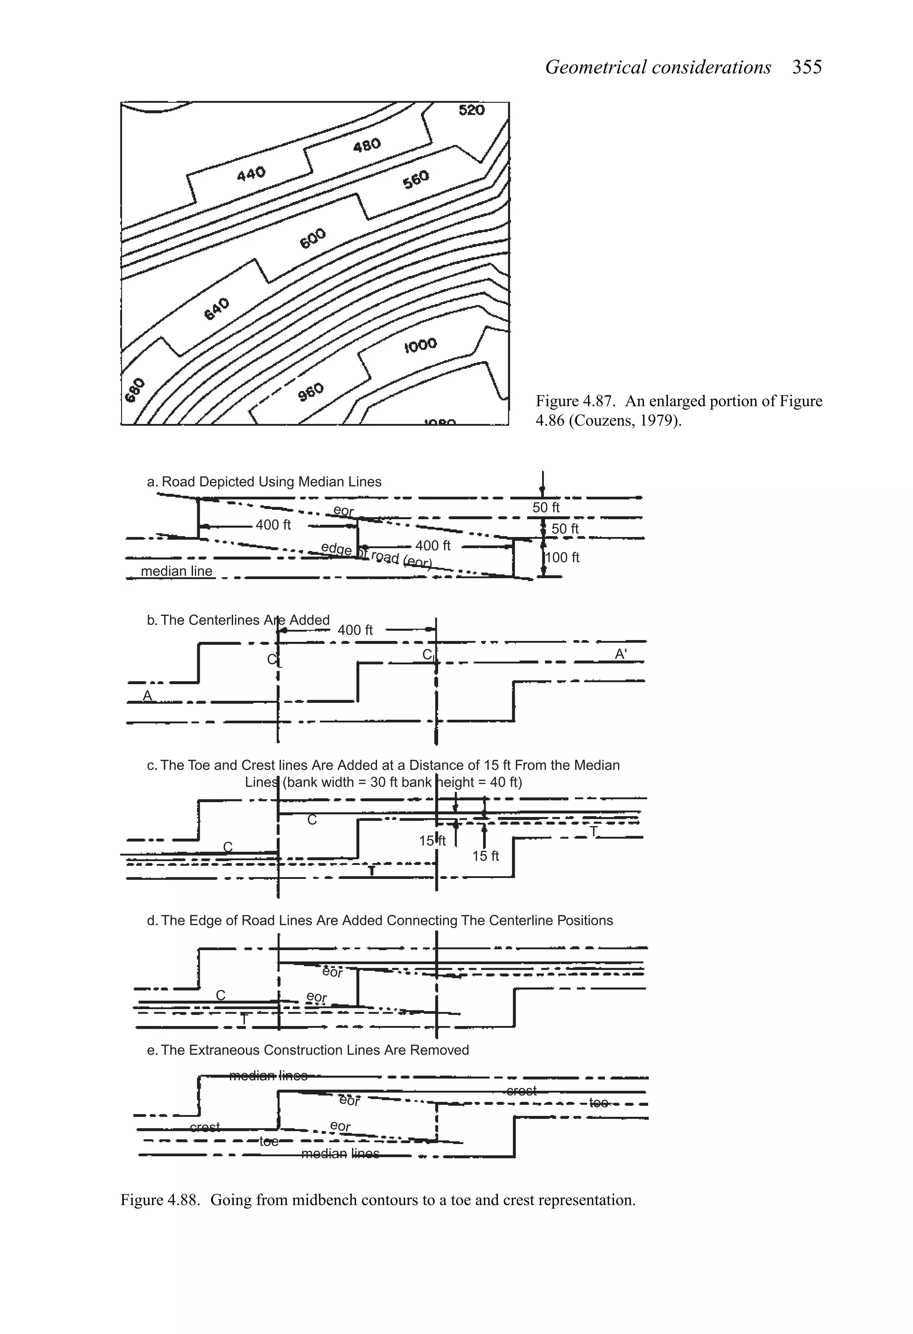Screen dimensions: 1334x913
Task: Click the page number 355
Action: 807,67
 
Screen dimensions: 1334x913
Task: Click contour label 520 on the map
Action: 471,110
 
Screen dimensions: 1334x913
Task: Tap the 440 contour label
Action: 251,173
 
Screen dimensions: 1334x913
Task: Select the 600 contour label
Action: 313,238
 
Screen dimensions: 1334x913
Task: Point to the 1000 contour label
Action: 420,345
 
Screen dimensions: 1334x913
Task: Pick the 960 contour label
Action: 311,392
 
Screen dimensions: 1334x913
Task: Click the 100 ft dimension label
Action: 562,558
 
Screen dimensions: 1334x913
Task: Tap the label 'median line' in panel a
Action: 176,571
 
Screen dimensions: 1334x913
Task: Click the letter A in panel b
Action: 147,696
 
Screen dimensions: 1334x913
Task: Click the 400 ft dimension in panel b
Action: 355,630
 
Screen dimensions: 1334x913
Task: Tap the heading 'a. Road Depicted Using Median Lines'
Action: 264,482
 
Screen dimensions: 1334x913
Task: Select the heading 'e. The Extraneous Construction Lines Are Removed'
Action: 308,1050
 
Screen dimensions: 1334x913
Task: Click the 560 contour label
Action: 416,180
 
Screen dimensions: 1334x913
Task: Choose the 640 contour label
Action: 217,309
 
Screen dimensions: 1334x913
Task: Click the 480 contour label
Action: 366,145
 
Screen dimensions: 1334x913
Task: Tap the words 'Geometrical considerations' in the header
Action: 658,67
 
